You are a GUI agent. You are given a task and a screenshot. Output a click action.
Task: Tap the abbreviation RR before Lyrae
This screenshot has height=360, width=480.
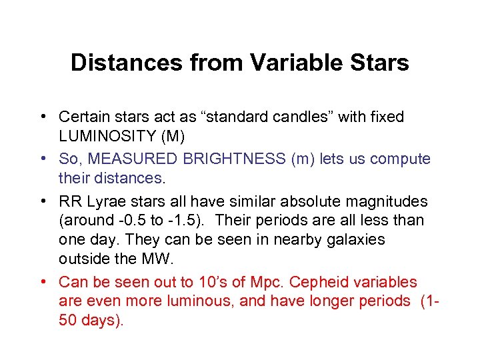(x=69, y=201)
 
